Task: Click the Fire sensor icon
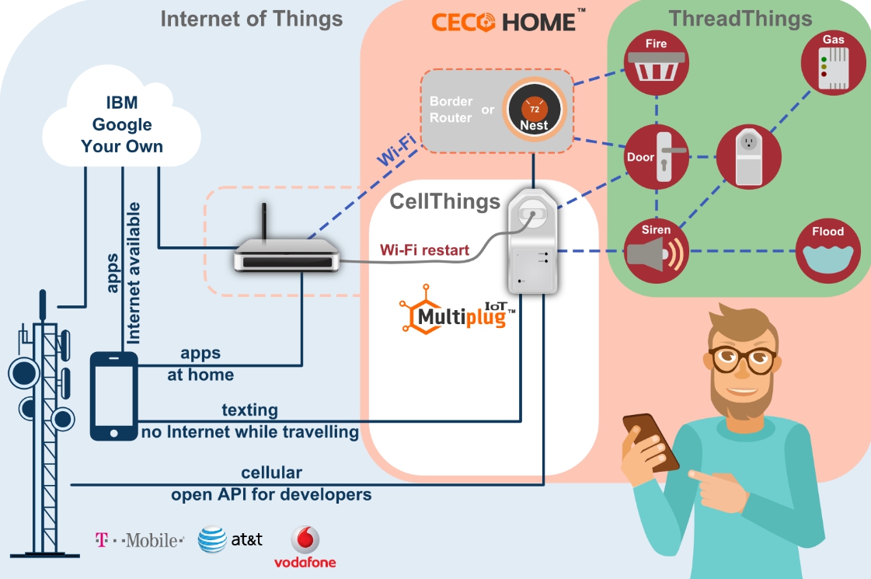point(656,63)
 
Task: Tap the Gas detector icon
point(833,63)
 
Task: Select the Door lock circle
point(657,157)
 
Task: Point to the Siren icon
point(656,251)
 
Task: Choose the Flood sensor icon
point(827,251)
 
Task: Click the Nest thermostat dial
point(534,110)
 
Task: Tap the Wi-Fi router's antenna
point(264,221)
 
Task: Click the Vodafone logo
point(305,547)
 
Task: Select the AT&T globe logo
point(212,539)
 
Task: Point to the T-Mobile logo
point(139,540)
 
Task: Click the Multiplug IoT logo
point(457,310)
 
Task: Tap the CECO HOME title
point(507,21)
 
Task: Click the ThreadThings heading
point(740,19)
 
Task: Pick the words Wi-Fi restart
point(424,250)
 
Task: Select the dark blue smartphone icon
point(114,396)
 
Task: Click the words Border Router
point(451,110)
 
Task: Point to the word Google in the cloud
point(122,124)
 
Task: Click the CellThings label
point(445,201)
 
